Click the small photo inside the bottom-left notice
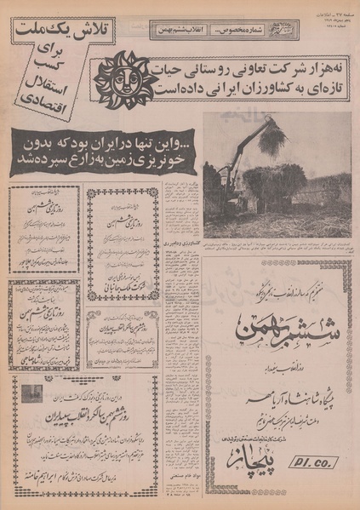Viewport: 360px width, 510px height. pyautogui.click(x=31, y=393)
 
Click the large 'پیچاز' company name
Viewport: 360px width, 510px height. pyautogui.click(x=270, y=463)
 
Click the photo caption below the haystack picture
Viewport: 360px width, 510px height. pyautogui.click(x=277, y=244)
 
